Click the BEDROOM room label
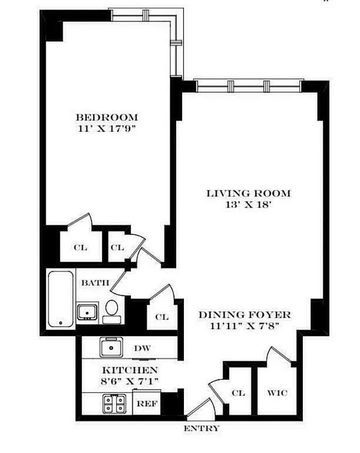(x=107, y=118)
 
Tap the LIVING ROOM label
(x=248, y=194)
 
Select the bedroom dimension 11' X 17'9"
(x=107, y=129)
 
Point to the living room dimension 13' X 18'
(x=248, y=204)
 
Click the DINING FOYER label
(x=244, y=315)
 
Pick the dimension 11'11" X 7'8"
(x=244, y=326)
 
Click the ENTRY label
(x=201, y=429)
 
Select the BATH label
(x=91, y=283)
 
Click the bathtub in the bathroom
(x=61, y=300)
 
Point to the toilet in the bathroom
(x=112, y=310)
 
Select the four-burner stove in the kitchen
(x=112, y=404)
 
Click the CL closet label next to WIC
(x=238, y=393)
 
